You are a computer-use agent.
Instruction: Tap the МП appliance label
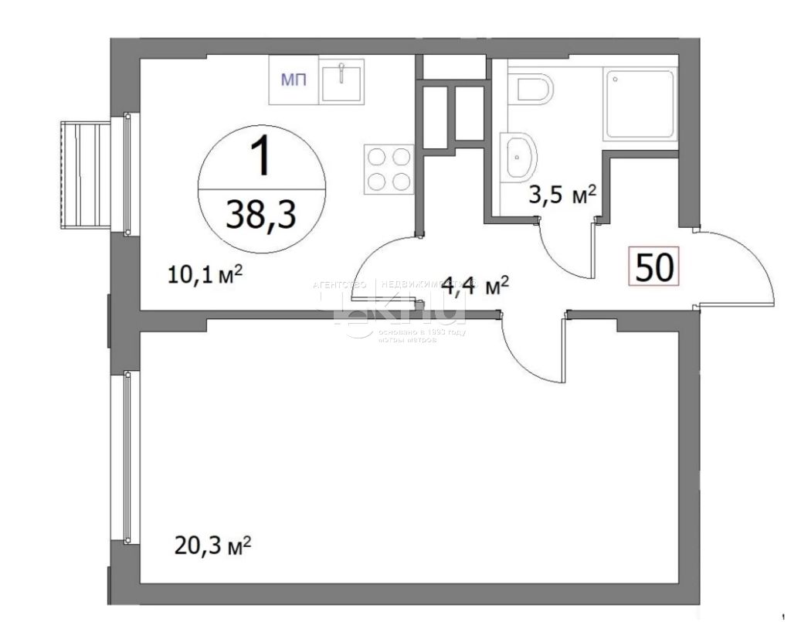coord(293,80)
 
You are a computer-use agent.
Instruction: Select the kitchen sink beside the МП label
coord(341,80)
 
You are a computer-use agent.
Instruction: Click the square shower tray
coord(640,104)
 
